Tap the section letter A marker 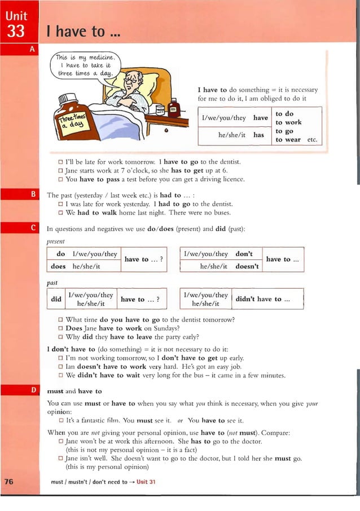pos(32,50)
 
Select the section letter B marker pos(33,195)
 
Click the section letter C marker pos(33,228)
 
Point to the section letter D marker pos(33,390)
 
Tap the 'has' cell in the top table pos(258,135)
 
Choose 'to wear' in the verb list pos(288,139)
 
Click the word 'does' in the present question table pos(58,266)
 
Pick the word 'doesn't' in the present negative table pos(246,266)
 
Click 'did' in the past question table pos(56,299)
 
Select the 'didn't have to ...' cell pos(262,299)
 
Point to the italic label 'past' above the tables pos(52,282)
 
